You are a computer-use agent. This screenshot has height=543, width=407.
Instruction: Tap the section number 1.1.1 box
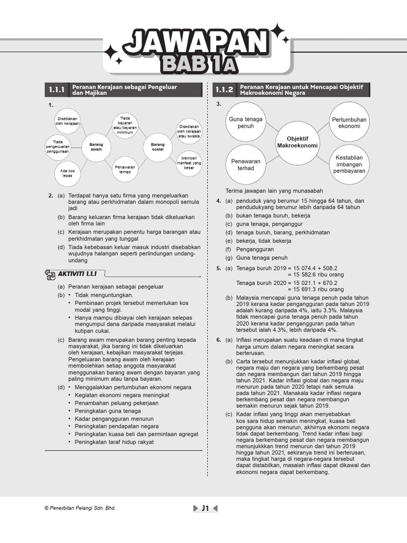[56, 90]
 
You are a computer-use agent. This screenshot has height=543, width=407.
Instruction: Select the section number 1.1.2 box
[224, 90]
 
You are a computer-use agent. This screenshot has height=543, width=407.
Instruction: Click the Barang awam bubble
[96, 147]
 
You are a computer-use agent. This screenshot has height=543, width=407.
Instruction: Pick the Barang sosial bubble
[158, 147]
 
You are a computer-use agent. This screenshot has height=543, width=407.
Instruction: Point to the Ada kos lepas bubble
[67, 173]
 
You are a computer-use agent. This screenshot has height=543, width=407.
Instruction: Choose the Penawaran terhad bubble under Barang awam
[125, 170]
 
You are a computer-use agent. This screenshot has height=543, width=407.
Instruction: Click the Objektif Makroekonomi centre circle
[297, 142]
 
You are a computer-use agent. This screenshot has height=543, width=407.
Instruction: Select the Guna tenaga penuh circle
[245, 123]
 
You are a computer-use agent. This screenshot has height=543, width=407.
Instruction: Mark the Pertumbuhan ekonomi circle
[349, 123]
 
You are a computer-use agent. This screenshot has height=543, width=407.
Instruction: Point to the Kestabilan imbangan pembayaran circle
[349, 164]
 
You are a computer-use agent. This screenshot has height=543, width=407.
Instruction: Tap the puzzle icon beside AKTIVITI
[50, 275]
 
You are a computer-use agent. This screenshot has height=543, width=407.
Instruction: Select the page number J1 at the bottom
[205, 509]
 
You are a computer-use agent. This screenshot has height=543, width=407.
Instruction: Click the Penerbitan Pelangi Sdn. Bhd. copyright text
[80, 508]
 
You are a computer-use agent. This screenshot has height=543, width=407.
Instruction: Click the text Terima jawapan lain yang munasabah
[274, 191]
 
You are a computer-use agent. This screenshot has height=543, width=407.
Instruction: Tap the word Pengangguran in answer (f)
[255, 249]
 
